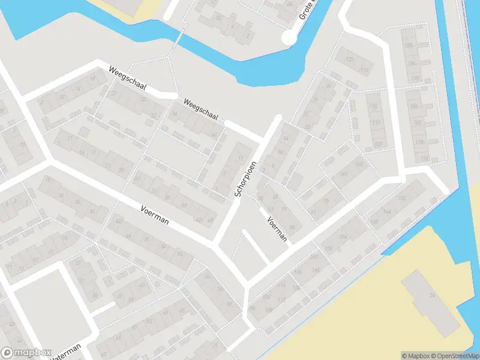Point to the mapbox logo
tap(26, 353)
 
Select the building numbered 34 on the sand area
tap(432, 295)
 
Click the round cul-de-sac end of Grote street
tap(290, 38)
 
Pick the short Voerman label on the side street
tap(278, 229)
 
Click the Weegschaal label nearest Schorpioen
tap(201, 109)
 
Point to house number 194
tap(412, 64)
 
